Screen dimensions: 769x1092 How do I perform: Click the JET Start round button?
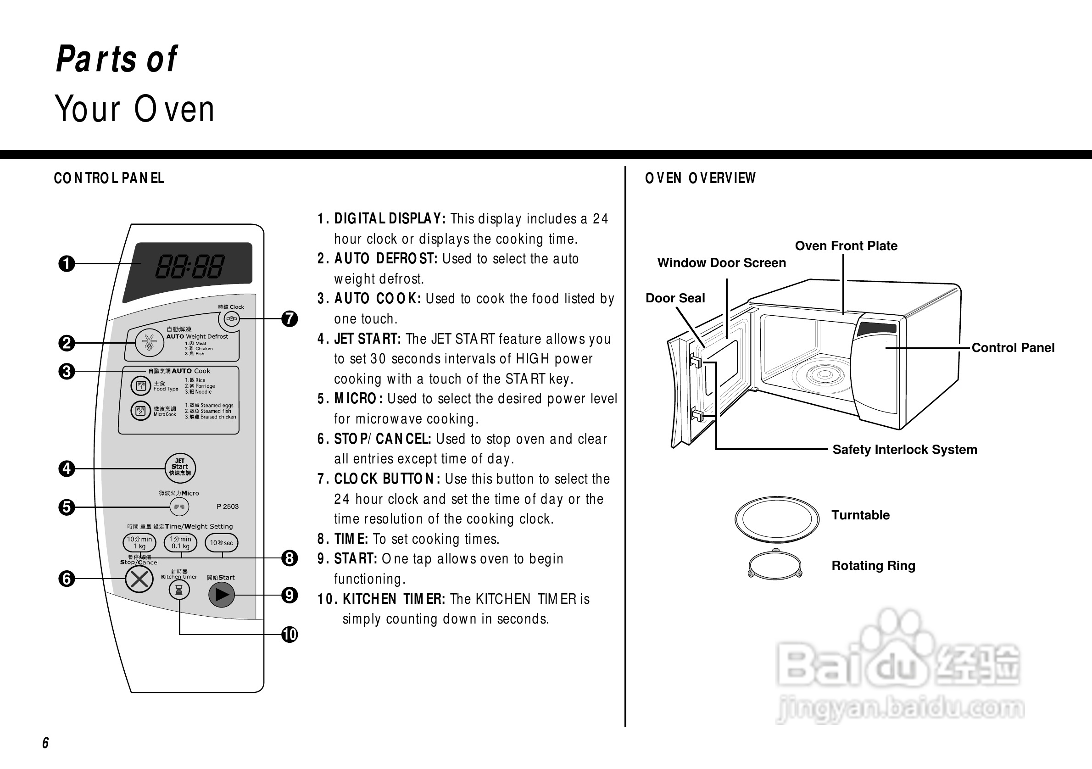coord(180,468)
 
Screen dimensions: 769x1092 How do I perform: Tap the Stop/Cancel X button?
coord(139,579)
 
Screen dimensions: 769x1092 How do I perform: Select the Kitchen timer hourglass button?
coord(179,590)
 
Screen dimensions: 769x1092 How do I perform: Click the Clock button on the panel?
coord(232,318)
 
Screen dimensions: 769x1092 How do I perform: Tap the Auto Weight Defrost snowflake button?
coord(149,342)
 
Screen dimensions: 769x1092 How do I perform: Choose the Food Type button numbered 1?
coord(141,386)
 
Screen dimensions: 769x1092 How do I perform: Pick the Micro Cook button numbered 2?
coord(141,410)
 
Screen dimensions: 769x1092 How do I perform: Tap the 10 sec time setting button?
coord(221,543)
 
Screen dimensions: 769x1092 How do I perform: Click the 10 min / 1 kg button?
coord(139,543)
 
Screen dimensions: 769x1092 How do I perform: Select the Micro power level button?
coord(179,507)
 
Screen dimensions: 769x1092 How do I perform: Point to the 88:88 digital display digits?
coord(189,266)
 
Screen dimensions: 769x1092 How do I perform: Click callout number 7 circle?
coord(289,318)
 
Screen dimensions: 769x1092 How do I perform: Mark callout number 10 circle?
coord(289,635)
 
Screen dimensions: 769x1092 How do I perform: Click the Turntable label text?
coord(860,515)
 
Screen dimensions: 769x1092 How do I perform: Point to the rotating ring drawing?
coord(775,564)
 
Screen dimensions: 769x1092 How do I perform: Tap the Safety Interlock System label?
coord(905,449)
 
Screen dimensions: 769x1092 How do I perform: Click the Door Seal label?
coord(675,298)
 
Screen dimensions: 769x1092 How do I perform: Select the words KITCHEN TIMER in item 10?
coord(394,599)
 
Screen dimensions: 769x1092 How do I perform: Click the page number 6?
coord(46,743)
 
